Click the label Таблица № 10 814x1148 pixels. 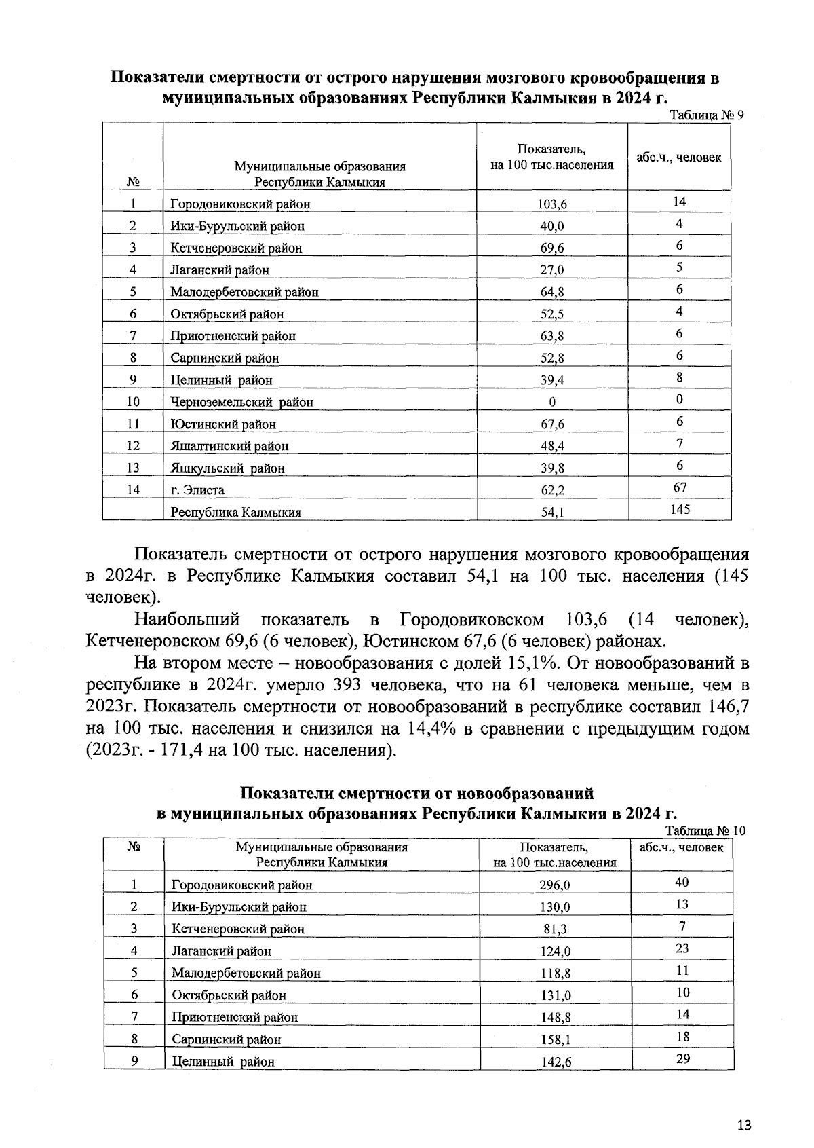pos(705,831)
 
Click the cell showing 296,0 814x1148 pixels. pos(555,885)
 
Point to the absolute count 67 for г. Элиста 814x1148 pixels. pos(679,487)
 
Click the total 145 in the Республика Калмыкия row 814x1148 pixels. pos(680,509)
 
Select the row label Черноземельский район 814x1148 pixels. pos(241,402)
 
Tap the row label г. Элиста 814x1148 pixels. pos(197,490)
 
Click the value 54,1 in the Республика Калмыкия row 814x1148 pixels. pos(552,513)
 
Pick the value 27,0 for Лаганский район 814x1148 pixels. pos(552,270)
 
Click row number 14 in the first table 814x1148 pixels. pos(133,489)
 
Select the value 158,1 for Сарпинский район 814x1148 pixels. pos(555,1039)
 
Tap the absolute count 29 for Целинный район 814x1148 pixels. pos(683,1058)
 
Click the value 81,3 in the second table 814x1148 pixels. pos(555,929)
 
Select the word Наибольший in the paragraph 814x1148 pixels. pos(187,620)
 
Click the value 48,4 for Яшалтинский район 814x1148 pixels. pos(552,446)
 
